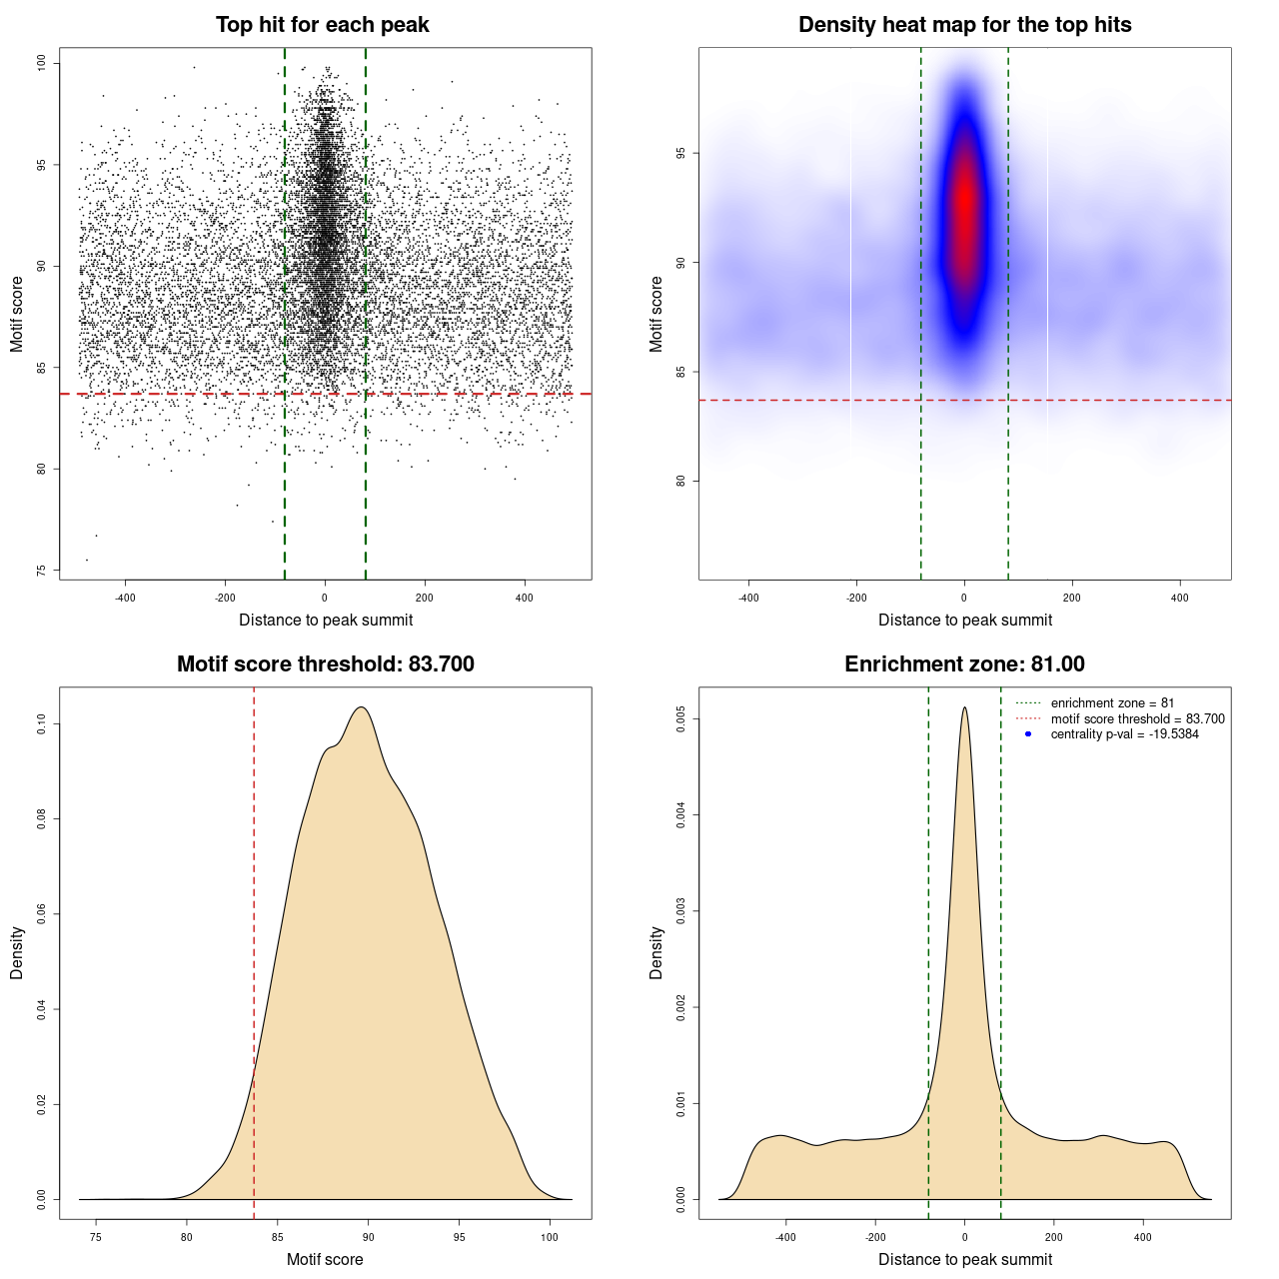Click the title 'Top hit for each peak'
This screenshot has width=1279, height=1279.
[x=322, y=25]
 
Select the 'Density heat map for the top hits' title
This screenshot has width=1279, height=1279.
[x=964, y=25]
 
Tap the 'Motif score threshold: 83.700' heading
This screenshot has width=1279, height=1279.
[x=325, y=664]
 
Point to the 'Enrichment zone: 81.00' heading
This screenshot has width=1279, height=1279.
[x=964, y=664]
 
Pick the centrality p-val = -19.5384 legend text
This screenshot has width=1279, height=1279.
[x=1124, y=734]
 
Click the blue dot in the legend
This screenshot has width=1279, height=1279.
[x=1028, y=734]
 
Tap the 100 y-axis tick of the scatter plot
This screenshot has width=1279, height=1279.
[x=42, y=63]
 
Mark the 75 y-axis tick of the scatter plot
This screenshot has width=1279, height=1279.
[x=42, y=571]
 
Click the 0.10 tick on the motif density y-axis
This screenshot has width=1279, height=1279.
[x=42, y=723]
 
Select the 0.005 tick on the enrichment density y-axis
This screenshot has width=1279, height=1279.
[x=681, y=718]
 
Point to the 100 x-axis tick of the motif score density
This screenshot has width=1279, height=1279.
[x=550, y=1238]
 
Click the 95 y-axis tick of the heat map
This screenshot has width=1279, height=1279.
[x=681, y=154]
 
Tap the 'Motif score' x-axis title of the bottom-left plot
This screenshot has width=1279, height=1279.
[x=325, y=1260]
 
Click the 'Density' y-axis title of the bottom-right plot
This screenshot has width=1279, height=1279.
[x=656, y=952]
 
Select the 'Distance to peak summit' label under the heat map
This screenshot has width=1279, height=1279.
[x=964, y=621]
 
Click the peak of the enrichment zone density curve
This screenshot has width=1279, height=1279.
[x=964, y=708]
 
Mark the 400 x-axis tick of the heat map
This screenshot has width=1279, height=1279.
[x=1180, y=599]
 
